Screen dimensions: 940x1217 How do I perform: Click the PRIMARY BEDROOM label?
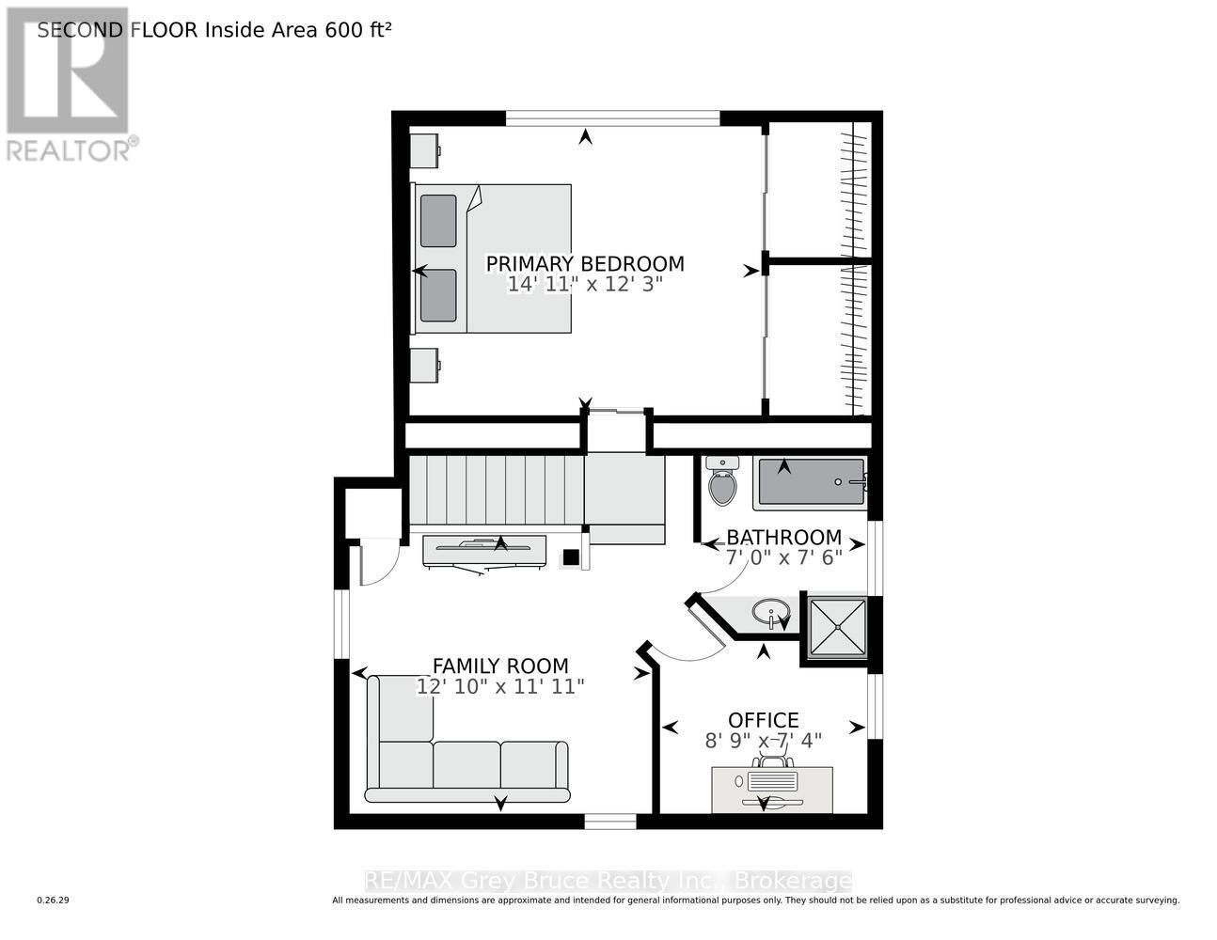tap(584, 264)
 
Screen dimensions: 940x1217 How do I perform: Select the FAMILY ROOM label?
tap(500, 666)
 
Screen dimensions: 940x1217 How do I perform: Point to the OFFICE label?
tap(764, 720)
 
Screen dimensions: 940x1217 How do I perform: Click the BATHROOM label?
tap(783, 538)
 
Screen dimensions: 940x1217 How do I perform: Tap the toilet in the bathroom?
tap(722, 481)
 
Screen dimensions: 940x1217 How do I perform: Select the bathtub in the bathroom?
tap(810, 481)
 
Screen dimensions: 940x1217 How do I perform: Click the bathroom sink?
tap(771, 614)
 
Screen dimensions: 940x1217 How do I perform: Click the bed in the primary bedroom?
tap(493, 258)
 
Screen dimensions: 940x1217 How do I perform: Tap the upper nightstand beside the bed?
tap(425, 148)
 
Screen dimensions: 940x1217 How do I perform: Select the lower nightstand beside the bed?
tap(425, 365)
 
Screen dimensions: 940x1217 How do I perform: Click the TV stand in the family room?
tap(483, 551)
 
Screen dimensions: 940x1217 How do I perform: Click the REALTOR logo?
tap(68, 85)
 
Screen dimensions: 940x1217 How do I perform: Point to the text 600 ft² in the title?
tap(358, 30)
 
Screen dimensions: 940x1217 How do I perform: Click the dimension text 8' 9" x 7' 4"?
tap(764, 740)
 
